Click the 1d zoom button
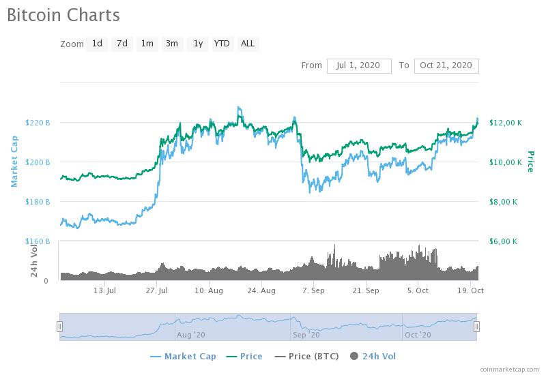pos(97,44)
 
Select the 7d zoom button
pos(122,44)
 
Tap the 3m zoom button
pos(172,44)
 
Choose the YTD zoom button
pos(222,44)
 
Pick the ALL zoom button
pos(248,44)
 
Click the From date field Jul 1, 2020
pos(359,65)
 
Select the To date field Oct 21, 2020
pos(446,65)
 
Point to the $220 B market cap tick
pos(38,123)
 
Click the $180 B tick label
pos(38,202)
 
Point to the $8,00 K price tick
pos(504,202)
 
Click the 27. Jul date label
pos(157,290)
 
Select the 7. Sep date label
pos(313,290)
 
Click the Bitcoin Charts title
pos(63,14)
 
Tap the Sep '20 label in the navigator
pos(305,335)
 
